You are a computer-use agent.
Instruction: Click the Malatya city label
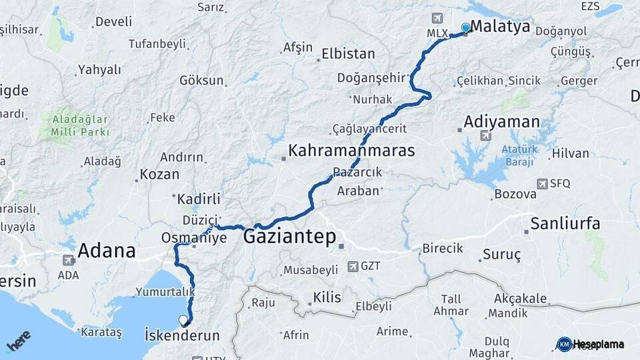[x=500, y=27]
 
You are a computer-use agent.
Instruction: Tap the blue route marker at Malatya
[x=465, y=27]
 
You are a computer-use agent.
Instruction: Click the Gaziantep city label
[x=289, y=237]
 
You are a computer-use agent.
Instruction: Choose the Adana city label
[x=107, y=251]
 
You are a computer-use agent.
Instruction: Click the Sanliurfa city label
[x=565, y=223]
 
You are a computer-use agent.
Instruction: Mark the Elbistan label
[x=348, y=54]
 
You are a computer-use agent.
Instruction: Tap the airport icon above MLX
[x=437, y=18]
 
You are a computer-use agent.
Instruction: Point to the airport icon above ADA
[x=68, y=260]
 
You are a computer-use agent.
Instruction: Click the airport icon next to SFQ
[x=541, y=183]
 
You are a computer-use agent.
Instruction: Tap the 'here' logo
[x=19, y=341]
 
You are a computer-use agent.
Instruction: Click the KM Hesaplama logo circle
[x=564, y=344]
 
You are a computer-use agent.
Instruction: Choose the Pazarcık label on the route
[x=357, y=172]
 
